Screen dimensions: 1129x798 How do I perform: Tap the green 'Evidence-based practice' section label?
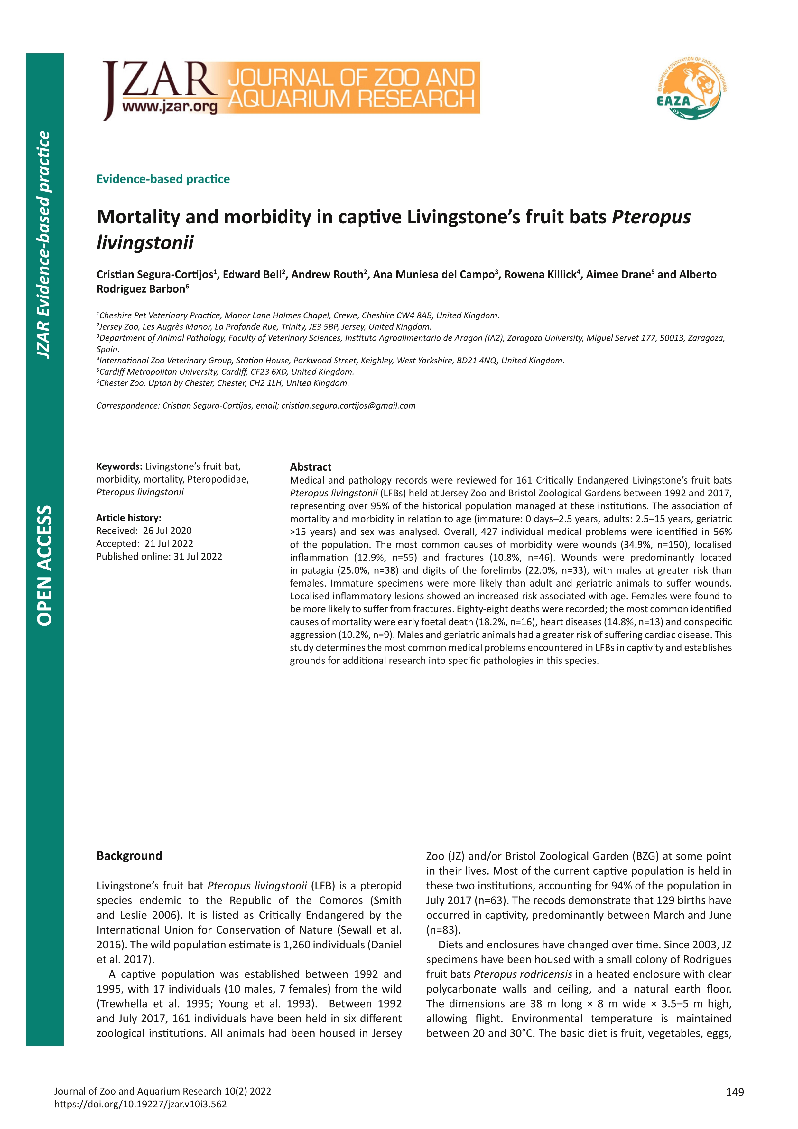tap(163, 179)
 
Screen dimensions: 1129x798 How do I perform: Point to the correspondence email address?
tap(348, 406)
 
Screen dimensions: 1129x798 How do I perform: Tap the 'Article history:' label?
tap(129, 518)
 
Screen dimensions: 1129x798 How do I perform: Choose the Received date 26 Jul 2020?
tap(168, 531)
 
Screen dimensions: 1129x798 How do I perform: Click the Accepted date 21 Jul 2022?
tap(169, 543)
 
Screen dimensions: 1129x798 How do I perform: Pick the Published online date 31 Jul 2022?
tap(198, 557)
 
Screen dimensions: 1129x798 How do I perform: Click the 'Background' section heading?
tap(129, 856)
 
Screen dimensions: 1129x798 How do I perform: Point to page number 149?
tap(735, 1106)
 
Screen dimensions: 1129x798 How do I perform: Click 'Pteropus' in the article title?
tap(651, 217)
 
